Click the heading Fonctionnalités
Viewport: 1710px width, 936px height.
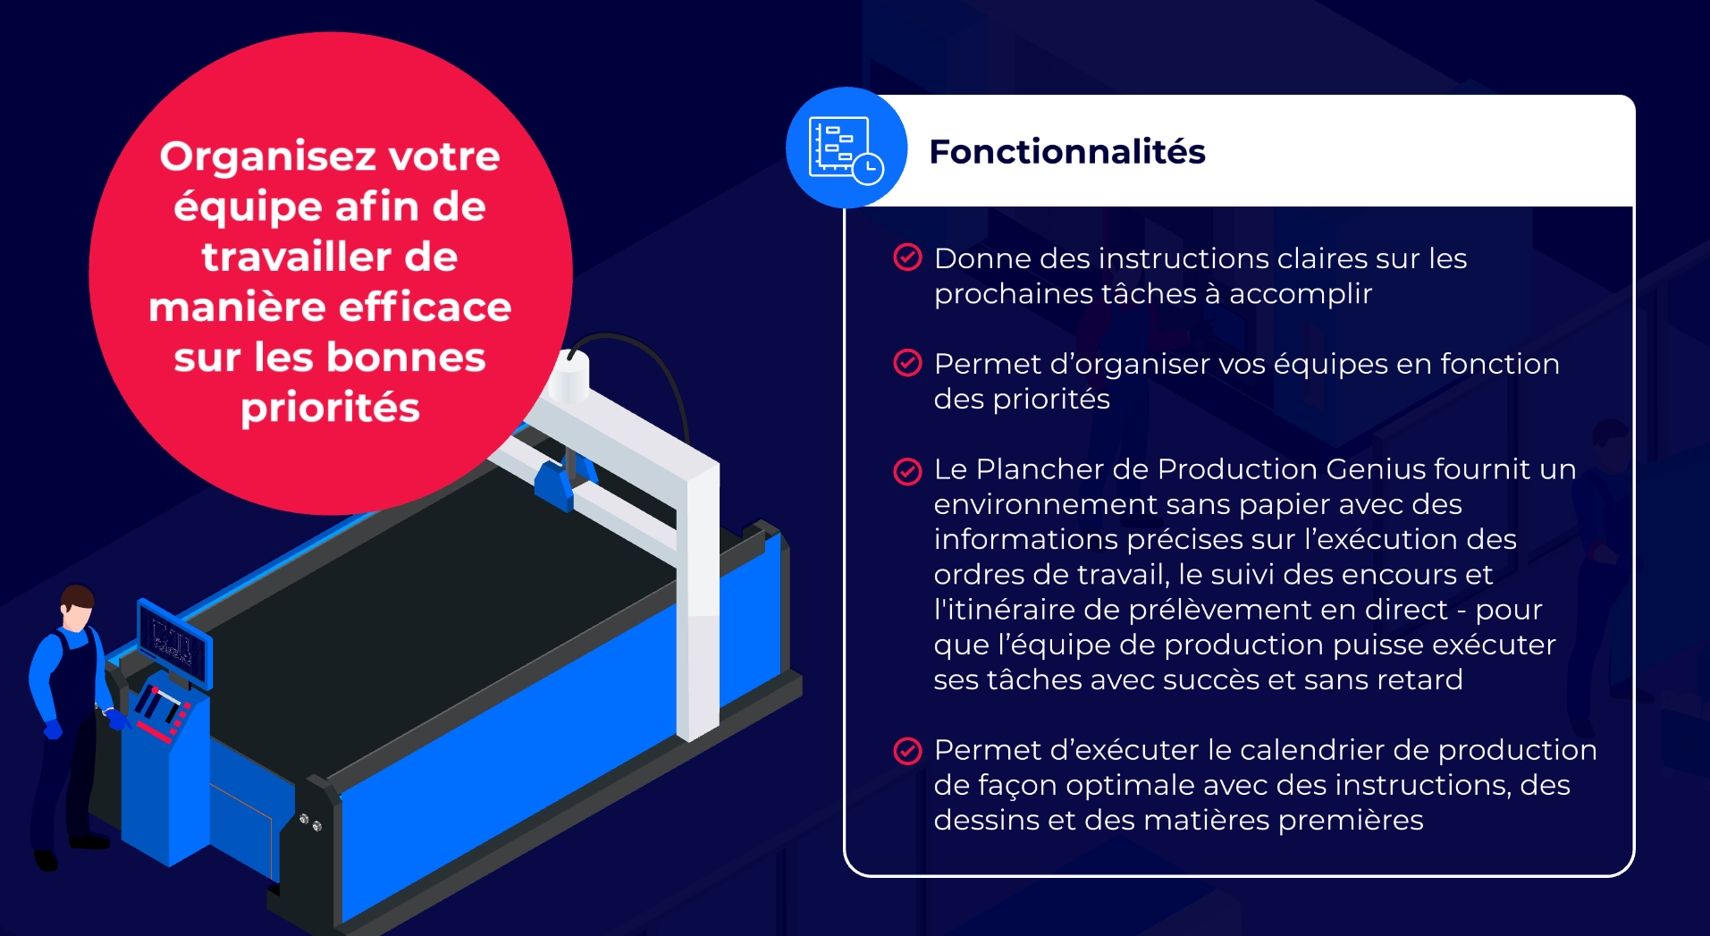click(x=1067, y=152)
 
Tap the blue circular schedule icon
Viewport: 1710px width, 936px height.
click(x=847, y=148)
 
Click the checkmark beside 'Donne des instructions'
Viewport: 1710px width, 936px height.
click(x=907, y=257)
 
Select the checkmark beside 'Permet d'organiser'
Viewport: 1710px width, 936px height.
click(x=907, y=363)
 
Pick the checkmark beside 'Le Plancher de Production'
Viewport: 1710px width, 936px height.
click(x=907, y=471)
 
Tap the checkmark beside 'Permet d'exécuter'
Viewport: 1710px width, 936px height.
click(x=907, y=751)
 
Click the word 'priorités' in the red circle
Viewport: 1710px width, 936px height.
click(x=330, y=409)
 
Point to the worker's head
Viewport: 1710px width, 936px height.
click(x=78, y=608)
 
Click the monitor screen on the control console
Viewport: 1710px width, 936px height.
click(x=173, y=641)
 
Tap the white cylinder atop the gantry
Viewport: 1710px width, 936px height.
click(x=569, y=376)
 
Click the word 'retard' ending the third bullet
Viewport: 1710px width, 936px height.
click(x=1419, y=679)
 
